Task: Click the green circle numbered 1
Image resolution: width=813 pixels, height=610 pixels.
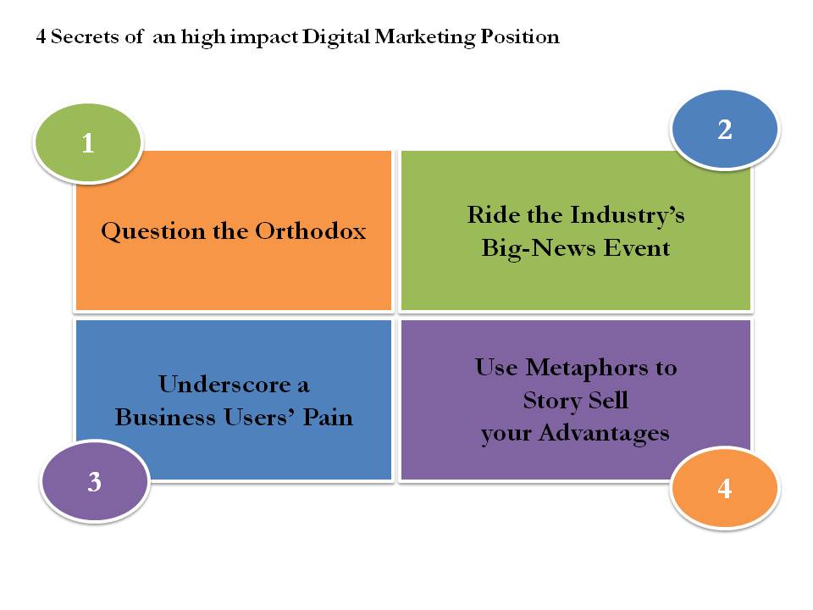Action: (x=88, y=142)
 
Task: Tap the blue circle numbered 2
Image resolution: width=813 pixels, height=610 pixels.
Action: (x=725, y=129)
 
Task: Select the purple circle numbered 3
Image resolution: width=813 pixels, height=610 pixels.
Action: (x=95, y=481)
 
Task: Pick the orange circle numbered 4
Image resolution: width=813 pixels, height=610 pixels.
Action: (x=725, y=488)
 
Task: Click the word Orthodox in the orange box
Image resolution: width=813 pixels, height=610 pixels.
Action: (x=311, y=230)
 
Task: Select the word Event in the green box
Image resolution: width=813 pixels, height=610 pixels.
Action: (x=637, y=247)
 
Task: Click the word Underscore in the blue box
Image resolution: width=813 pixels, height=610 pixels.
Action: (x=224, y=385)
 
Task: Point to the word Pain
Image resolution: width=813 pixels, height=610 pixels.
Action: (x=328, y=417)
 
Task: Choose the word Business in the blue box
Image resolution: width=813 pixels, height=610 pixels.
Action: (x=165, y=417)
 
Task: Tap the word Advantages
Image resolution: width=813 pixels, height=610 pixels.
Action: (x=604, y=434)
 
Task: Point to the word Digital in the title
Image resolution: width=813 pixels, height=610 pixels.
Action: (x=336, y=37)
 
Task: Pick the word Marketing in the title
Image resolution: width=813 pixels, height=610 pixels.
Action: (x=424, y=37)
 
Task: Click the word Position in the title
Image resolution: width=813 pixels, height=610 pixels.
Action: (x=520, y=36)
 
